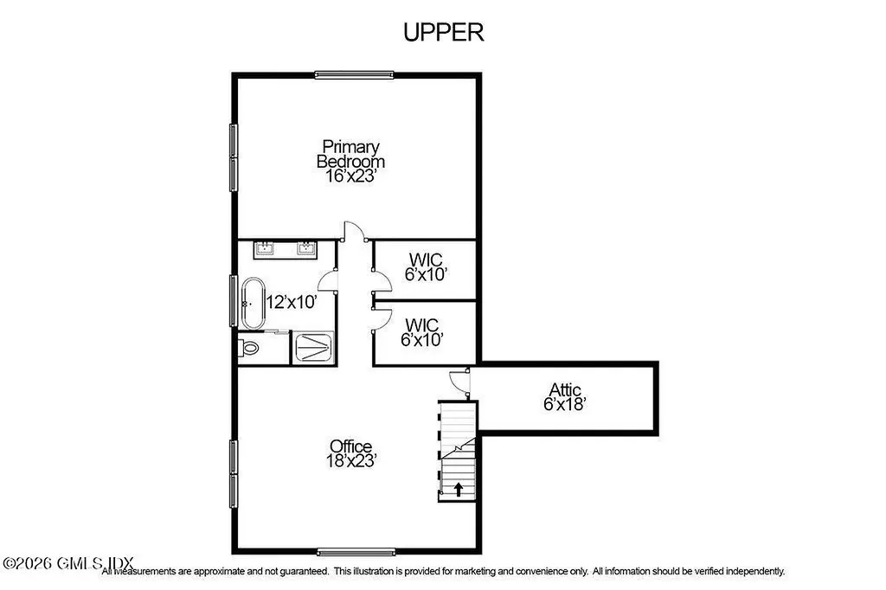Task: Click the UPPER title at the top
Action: pos(443,32)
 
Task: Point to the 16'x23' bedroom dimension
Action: pos(350,176)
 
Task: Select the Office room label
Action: pos(350,446)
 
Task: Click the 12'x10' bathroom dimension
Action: pos(292,303)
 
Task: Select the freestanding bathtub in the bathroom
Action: pos(252,303)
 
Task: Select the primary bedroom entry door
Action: pos(353,231)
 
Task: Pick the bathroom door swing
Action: pos(328,279)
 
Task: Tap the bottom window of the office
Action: pos(356,551)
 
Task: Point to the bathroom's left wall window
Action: pos(234,300)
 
